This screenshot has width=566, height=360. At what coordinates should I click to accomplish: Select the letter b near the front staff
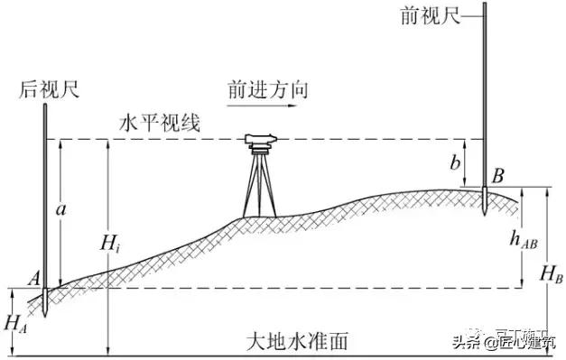click(456, 162)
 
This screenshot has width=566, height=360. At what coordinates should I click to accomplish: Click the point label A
click(33, 281)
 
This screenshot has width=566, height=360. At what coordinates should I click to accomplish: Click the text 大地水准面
click(297, 342)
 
